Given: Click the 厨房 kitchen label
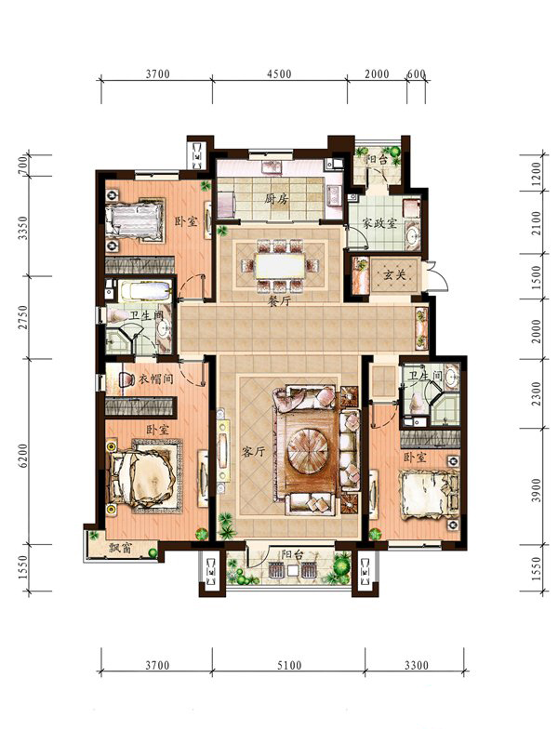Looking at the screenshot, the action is (x=276, y=199).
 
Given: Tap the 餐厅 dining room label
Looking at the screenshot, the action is (x=279, y=300).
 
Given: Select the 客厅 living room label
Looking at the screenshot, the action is (x=253, y=451).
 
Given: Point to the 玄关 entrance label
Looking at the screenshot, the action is (x=394, y=274).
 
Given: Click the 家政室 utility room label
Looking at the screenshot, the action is (x=379, y=223).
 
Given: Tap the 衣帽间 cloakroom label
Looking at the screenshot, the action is (x=156, y=379).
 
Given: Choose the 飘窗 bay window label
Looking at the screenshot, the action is (x=121, y=549).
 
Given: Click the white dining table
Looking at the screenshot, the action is (x=280, y=267).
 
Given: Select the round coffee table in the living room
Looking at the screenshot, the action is (x=309, y=447).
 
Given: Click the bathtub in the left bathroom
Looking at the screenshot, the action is (x=145, y=290).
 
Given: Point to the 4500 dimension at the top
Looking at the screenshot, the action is (x=279, y=74).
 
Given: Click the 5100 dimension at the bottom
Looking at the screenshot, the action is (x=289, y=665).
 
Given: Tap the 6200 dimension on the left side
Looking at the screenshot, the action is (x=22, y=456).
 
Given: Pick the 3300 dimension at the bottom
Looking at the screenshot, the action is (x=417, y=665).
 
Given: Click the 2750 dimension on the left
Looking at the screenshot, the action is (x=22, y=318).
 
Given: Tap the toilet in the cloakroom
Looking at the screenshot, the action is (x=125, y=379).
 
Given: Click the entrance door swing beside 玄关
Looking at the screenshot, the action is (x=438, y=276).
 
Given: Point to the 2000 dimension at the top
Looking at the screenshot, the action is (x=377, y=74).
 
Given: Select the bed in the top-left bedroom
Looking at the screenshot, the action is (x=135, y=220).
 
